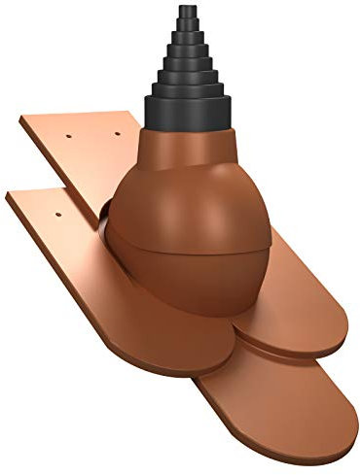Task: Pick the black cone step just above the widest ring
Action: coord(185,88)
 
